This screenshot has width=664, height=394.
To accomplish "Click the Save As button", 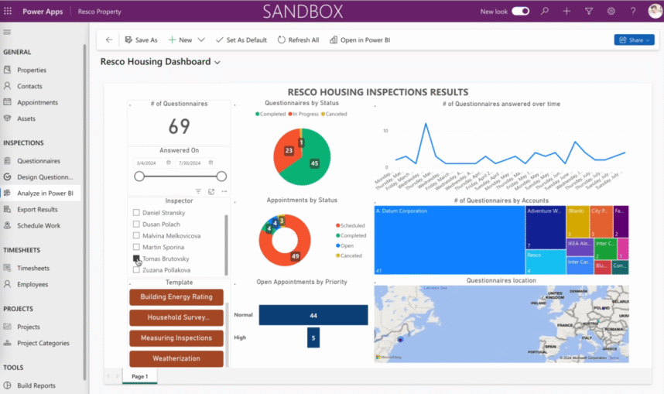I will point(141,39).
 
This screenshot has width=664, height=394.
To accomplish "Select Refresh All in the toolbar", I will point(298,39).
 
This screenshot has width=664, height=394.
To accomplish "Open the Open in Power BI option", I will point(358,39).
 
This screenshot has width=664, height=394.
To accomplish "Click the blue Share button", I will point(634,39).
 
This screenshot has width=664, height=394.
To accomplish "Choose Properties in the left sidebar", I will point(32,70).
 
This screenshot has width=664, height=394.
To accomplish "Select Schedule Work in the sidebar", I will point(39,225).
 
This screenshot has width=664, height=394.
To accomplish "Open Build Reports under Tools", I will point(36,385).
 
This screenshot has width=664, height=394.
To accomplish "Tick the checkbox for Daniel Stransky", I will point(136,212).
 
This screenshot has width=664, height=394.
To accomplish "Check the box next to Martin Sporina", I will point(136,247).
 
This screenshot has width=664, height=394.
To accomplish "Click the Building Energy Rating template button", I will point(176,297).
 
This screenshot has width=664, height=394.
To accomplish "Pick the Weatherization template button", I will point(176,358).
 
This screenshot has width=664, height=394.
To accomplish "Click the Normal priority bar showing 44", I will point(313,315).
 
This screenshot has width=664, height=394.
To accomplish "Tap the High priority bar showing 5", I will point(313,337).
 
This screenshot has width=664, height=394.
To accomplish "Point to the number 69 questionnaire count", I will point(179,126).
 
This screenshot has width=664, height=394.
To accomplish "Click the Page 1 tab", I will point(140,376).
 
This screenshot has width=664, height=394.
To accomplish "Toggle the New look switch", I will point(521,12).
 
